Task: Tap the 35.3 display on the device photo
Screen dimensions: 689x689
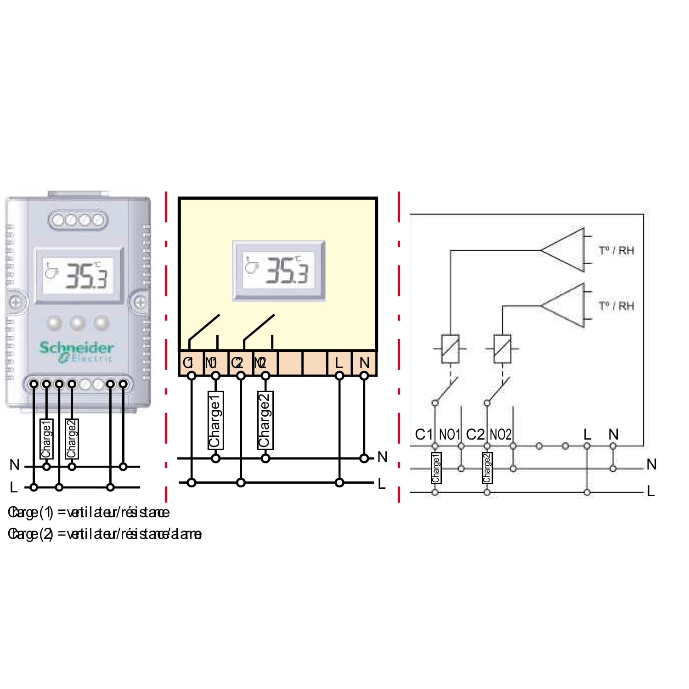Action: (x=79, y=276)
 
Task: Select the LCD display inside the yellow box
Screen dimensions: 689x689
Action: (x=279, y=271)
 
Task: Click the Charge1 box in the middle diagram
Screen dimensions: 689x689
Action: (x=215, y=420)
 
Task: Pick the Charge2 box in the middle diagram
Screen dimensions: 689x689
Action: (x=265, y=420)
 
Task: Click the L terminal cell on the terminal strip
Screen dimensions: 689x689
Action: (x=339, y=363)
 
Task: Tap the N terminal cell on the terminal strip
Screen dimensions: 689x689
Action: (x=364, y=363)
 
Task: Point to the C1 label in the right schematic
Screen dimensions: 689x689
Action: (x=424, y=434)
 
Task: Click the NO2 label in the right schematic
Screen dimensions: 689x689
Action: (x=500, y=434)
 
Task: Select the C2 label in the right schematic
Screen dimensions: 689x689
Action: (x=475, y=434)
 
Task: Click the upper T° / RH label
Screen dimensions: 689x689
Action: (x=616, y=250)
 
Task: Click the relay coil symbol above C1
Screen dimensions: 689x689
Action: (x=450, y=349)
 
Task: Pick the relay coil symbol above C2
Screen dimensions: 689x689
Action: (x=502, y=349)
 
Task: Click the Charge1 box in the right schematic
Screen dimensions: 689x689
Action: (x=435, y=468)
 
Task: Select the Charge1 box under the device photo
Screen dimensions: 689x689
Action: (x=46, y=439)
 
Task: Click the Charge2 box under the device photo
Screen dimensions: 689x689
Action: (x=72, y=439)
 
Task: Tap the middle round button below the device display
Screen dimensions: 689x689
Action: (x=78, y=323)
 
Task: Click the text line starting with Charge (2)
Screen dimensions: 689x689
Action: (x=105, y=534)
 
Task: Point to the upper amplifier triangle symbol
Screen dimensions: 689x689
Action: (x=564, y=250)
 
